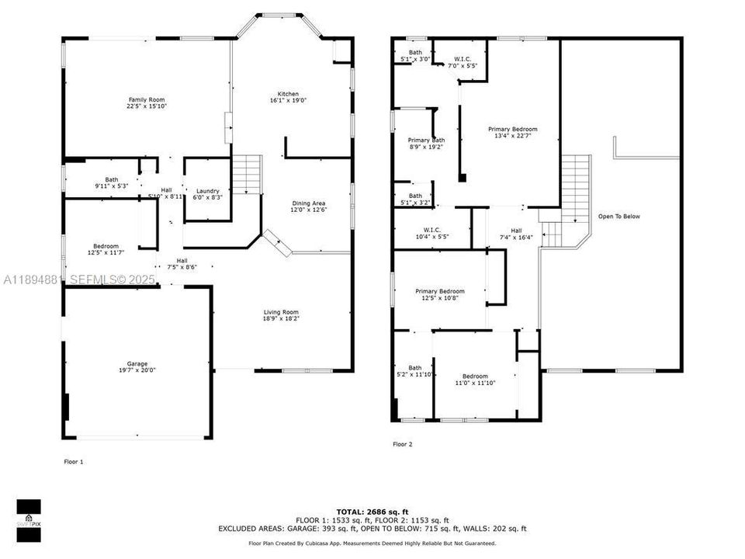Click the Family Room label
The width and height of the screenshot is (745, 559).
click(147, 99)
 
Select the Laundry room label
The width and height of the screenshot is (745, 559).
click(207, 191)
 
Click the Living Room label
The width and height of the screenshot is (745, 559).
click(280, 312)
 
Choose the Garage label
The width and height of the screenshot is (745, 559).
click(137, 363)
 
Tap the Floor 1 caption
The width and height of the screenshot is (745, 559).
click(73, 462)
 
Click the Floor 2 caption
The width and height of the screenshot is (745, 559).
click(402, 445)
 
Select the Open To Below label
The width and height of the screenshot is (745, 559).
click(619, 217)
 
